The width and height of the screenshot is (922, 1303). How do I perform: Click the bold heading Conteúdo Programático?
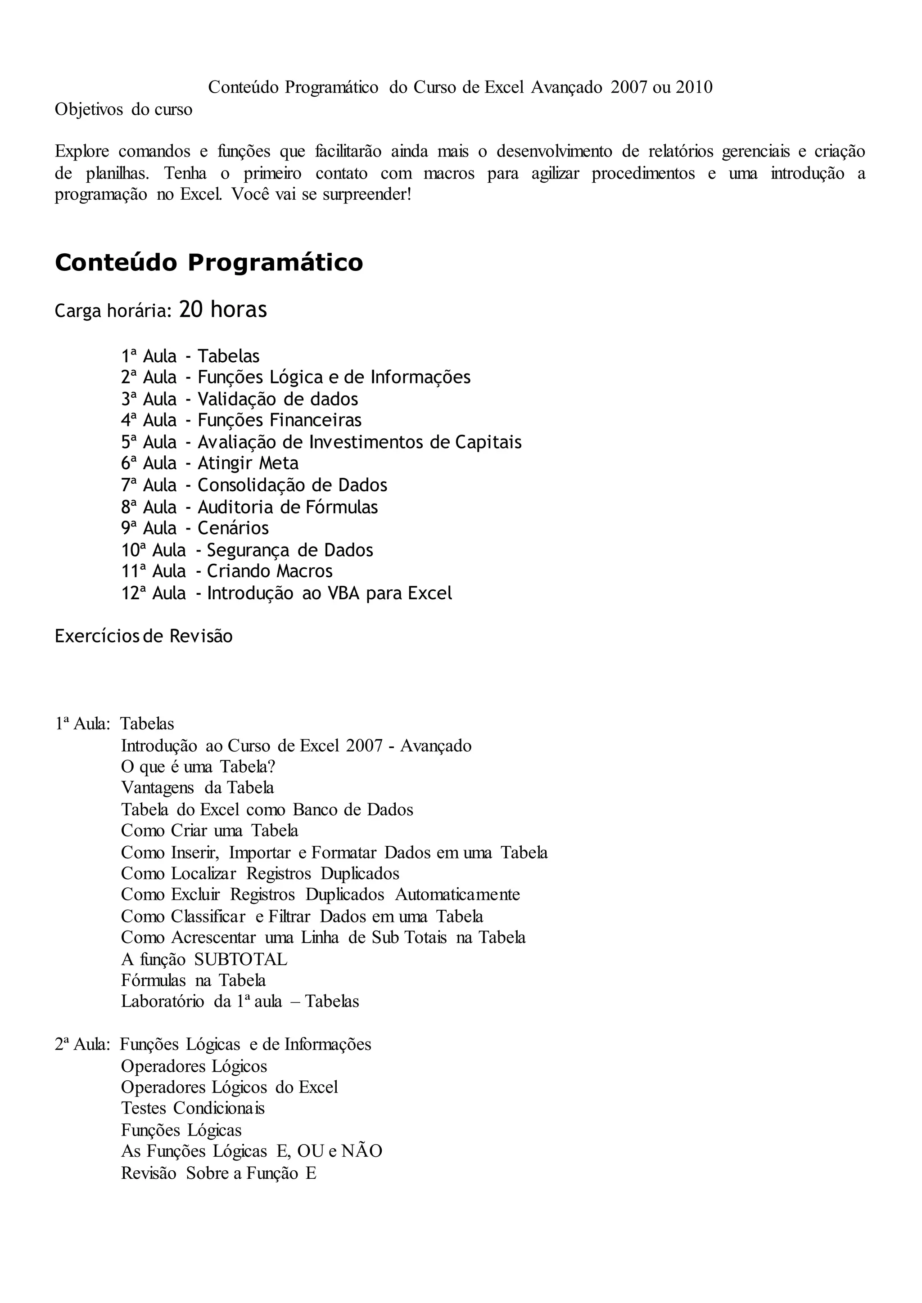[208, 263]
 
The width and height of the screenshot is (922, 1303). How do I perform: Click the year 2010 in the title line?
[694, 87]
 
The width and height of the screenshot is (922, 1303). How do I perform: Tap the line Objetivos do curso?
[123, 109]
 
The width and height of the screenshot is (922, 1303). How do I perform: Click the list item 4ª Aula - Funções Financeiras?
[241, 421]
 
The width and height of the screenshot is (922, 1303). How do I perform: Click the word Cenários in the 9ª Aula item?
[233, 528]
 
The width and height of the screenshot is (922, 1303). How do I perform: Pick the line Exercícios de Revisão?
[144, 636]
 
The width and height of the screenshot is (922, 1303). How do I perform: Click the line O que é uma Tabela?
[198, 767]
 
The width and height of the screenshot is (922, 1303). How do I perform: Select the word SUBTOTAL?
[241, 960]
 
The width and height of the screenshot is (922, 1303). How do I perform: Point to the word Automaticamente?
[457, 895]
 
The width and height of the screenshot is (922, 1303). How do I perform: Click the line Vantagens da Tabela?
[197, 788]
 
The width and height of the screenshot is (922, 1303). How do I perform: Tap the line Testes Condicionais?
[193, 1108]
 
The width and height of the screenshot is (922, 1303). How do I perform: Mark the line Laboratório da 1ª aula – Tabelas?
[240, 1001]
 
